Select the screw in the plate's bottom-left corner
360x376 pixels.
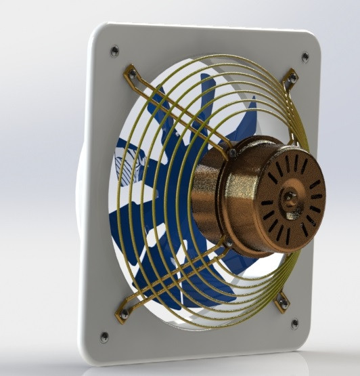point(104,336)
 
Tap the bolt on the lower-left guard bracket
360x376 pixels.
point(124,313)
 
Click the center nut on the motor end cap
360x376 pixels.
point(291,198)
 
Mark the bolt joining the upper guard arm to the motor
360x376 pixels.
point(232,154)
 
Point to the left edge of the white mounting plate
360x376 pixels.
point(86,203)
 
